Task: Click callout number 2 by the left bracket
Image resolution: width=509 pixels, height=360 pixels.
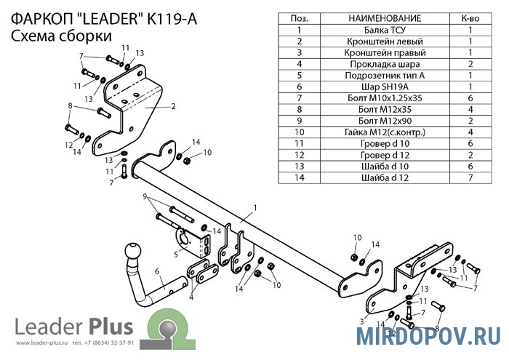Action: click(174, 106)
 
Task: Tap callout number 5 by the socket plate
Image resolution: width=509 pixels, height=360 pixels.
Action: click(176, 254)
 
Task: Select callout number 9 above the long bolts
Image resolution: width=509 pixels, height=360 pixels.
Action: click(145, 196)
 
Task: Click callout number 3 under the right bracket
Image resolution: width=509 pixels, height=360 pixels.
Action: click(361, 320)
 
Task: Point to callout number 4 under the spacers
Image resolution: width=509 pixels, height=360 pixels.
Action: click(191, 297)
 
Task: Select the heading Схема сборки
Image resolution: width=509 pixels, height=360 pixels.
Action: click(62, 35)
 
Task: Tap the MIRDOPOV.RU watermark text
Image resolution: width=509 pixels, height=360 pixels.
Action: click(428, 335)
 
